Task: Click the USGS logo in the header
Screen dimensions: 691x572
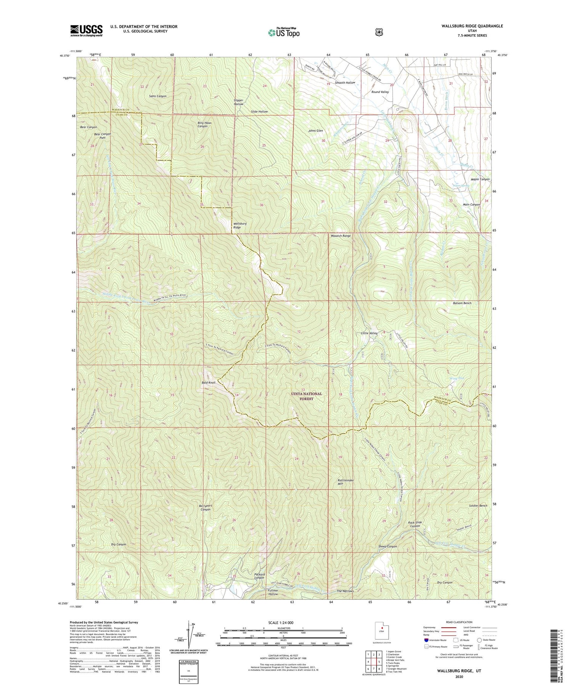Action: pos(86,30)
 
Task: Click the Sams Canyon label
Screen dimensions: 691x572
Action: pos(157,96)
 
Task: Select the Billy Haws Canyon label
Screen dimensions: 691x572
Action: pos(204,125)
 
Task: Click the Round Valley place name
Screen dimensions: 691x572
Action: pos(380,92)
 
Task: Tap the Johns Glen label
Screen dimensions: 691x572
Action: pos(316,131)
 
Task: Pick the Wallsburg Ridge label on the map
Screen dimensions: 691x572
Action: pos(237,226)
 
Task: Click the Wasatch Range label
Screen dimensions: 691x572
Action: pos(341,236)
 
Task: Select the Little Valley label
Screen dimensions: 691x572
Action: pos(369,333)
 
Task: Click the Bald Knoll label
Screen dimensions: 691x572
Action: pos(209,382)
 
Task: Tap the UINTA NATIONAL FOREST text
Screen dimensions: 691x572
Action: pos(307,396)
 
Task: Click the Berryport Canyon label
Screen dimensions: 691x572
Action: pos(206,508)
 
